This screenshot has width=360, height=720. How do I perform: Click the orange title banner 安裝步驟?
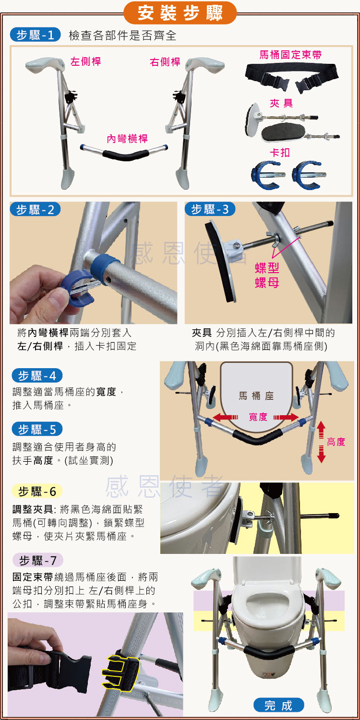[x=180, y=13]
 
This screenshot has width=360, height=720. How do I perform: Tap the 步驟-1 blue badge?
[x=36, y=35]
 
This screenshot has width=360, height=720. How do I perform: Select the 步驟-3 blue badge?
[x=210, y=209]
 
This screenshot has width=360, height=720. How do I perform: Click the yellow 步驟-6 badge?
[x=37, y=491]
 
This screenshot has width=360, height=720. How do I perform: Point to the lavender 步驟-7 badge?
[x=37, y=560]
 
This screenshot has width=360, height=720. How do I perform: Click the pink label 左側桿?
[x=85, y=61]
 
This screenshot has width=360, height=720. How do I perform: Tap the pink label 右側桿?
[x=165, y=62]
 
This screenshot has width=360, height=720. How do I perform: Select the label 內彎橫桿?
[x=127, y=139]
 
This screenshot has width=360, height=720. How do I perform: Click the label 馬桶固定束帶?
[x=290, y=55]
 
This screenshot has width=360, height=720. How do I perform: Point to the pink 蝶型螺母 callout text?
[x=267, y=275]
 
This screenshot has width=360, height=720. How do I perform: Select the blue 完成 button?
[x=279, y=706]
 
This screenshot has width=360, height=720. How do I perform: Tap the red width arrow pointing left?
[x=225, y=417]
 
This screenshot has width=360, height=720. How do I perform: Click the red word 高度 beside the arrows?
[x=336, y=442]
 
